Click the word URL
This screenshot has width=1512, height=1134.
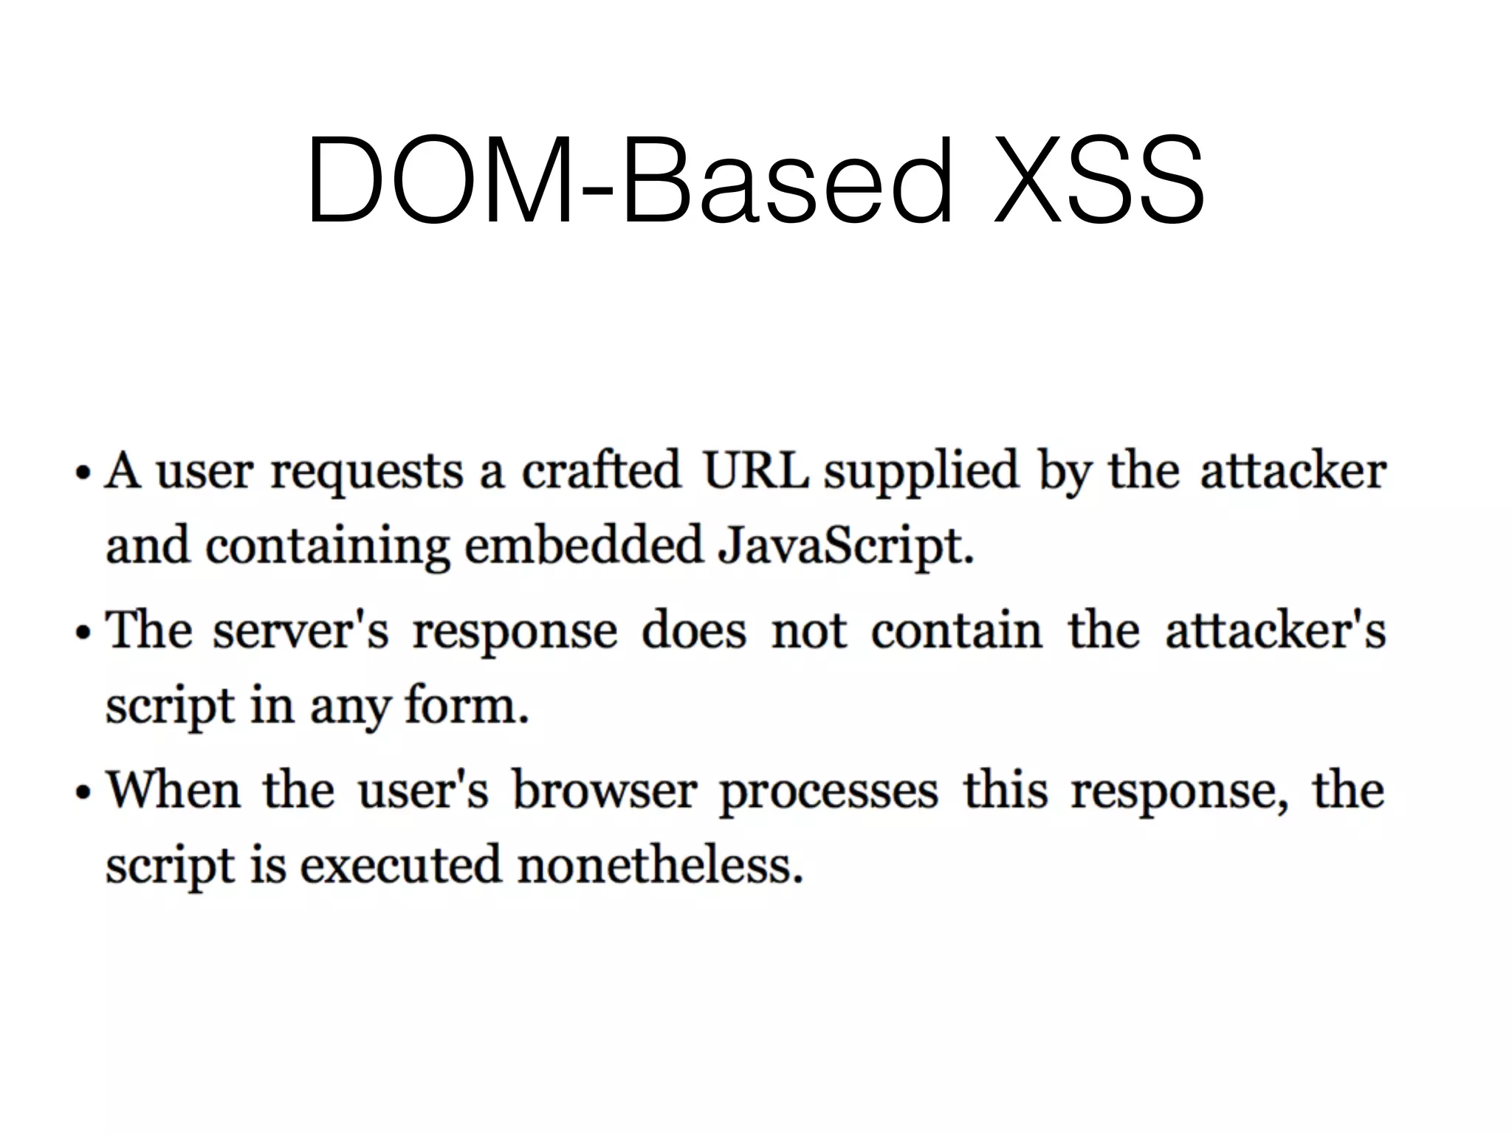pos(755,470)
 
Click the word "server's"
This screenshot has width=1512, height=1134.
pos(300,631)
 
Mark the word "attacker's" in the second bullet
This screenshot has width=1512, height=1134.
pos(1275,631)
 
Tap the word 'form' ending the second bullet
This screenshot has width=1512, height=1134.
pos(463,705)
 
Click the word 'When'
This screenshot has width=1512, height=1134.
pos(173,790)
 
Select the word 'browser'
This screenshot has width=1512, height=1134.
pos(605,790)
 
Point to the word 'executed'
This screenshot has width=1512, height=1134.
pos(399,865)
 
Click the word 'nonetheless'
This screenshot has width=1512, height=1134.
pos(657,865)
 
